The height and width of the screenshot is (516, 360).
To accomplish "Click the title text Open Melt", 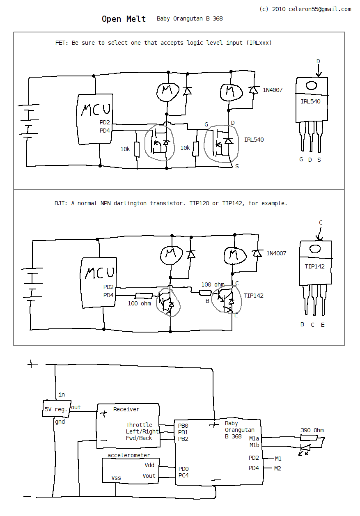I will [124, 19].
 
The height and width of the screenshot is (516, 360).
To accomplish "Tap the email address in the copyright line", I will [320, 9].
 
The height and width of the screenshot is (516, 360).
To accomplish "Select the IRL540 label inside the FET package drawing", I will [310, 101].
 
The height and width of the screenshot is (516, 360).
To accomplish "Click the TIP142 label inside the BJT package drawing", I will [314, 266].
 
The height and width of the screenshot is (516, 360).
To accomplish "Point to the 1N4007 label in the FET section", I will [273, 90].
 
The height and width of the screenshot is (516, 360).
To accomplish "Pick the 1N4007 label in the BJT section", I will [276, 253].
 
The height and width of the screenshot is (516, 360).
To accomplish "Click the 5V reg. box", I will [57, 408].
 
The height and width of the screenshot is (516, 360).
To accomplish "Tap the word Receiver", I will [126, 409].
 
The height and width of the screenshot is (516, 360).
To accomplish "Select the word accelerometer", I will [128, 455].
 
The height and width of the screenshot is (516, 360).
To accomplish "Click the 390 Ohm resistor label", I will [312, 430].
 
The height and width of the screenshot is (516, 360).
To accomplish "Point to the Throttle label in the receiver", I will [139, 425].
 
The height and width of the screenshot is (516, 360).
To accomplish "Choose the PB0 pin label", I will [183, 426].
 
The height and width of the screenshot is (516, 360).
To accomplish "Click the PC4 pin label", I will [183, 475].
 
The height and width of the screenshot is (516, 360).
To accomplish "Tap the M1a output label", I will [254, 438].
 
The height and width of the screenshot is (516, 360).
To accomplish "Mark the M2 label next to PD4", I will [278, 468].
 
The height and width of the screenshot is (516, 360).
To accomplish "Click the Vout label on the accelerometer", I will [149, 476].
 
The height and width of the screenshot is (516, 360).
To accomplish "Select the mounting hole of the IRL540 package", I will [312, 85].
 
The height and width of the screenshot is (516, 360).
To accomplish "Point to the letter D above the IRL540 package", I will [318, 61].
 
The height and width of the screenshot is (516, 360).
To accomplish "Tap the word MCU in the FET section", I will [96, 109].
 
